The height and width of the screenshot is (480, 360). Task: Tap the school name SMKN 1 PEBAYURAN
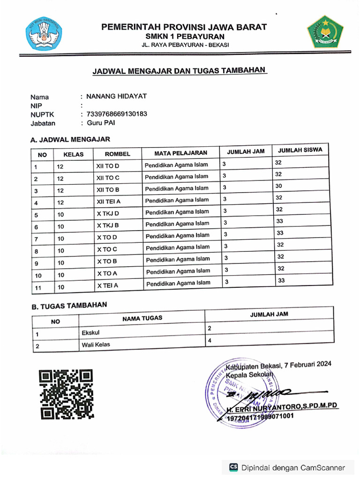184,37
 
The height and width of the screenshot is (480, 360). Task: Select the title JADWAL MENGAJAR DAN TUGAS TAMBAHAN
179,71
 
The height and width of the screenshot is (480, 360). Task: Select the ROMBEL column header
117,154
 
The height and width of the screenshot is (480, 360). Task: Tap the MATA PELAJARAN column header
180,153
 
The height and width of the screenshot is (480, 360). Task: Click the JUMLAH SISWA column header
300,150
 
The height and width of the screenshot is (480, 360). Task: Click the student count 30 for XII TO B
278,186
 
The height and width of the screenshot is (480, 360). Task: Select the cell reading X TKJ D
108,213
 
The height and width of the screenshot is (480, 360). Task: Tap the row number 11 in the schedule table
38,287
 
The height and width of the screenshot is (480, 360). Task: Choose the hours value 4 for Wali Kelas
210,340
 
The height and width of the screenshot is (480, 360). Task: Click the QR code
66,394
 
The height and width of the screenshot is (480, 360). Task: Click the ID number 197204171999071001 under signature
261,416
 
